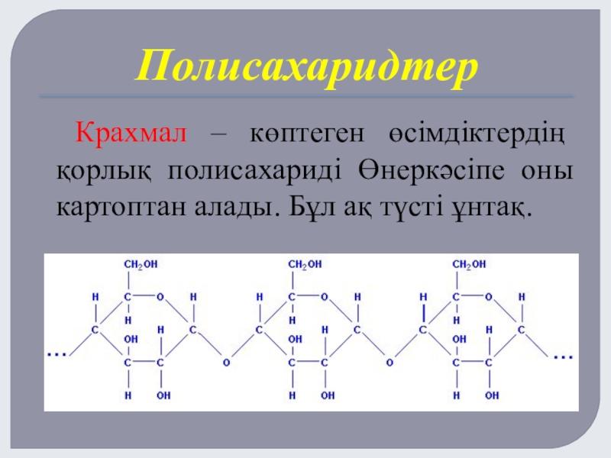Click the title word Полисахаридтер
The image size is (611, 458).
306,67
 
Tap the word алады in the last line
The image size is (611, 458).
233,206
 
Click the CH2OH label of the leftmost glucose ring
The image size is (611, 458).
141,264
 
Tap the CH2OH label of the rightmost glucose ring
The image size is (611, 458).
470,264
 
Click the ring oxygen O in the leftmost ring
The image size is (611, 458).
160,296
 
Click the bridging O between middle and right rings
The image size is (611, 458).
390,362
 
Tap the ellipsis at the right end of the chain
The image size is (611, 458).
563,356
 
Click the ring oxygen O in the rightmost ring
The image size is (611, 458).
489,296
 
